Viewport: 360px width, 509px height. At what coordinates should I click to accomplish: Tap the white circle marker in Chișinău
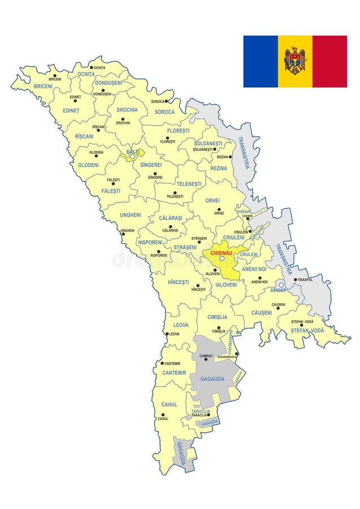click(222, 258)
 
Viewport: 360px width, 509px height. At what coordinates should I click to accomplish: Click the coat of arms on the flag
click(295, 61)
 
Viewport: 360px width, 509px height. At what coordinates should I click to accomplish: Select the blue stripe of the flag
click(261, 62)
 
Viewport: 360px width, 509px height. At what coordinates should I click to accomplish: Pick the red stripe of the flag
click(329, 62)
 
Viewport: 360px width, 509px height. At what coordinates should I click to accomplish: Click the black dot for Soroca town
click(167, 101)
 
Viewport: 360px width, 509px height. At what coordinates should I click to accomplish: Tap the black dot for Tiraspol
click(295, 279)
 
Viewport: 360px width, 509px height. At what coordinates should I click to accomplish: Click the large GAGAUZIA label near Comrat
click(212, 378)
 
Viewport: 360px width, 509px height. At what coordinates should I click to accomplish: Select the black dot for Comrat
click(206, 359)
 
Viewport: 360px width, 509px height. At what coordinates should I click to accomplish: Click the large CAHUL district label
click(169, 404)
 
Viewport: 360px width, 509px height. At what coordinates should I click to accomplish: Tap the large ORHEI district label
click(212, 200)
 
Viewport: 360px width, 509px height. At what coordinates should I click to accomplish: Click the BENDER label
click(279, 290)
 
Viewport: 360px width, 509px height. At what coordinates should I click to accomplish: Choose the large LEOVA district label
click(181, 325)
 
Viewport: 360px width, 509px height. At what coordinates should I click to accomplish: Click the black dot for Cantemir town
click(162, 363)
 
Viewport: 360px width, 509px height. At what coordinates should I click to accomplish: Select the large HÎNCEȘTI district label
click(179, 282)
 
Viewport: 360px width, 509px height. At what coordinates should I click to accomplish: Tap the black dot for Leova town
click(166, 334)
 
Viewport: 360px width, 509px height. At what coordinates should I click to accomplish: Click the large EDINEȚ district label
click(71, 110)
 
